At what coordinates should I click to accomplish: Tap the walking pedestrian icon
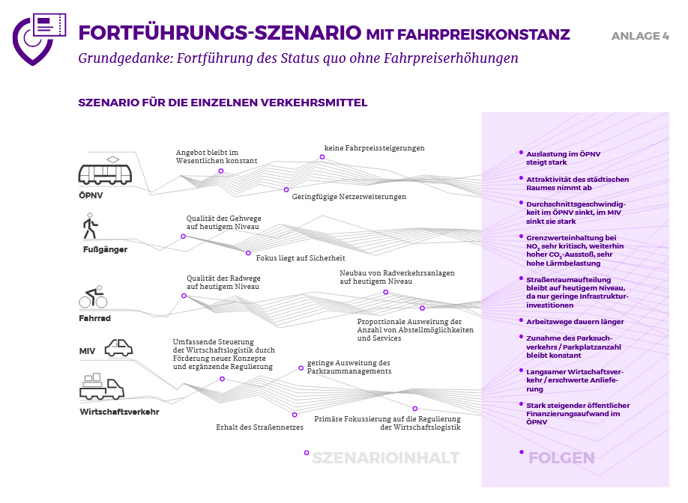[91, 225]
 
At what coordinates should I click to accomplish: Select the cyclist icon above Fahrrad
[94, 297]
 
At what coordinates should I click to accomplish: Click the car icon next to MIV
[118, 347]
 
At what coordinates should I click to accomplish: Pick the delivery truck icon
[101, 387]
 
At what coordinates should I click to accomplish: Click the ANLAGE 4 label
[640, 36]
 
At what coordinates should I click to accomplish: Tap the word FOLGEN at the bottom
[561, 458]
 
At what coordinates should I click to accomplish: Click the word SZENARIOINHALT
[385, 458]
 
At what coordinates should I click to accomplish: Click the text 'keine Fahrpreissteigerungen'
[374, 148]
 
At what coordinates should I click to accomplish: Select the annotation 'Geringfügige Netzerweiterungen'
[349, 197]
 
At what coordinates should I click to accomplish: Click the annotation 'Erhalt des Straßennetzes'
[259, 427]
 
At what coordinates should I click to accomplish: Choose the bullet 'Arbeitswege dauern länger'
[575, 322]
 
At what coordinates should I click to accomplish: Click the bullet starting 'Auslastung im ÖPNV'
[563, 158]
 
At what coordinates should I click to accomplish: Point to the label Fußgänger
[104, 249]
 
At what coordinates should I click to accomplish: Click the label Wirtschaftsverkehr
[119, 411]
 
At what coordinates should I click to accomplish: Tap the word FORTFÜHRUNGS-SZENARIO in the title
[220, 34]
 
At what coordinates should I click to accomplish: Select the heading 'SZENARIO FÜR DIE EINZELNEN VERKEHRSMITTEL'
[223, 103]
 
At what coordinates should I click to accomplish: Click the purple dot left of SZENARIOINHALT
[307, 453]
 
